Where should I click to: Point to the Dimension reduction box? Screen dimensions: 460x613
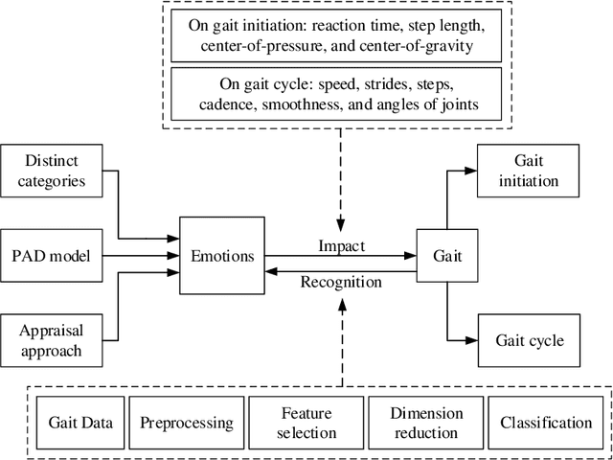pos(426,422)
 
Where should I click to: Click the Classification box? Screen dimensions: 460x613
pos(545,422)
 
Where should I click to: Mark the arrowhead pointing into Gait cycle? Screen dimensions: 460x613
pos(470,340)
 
